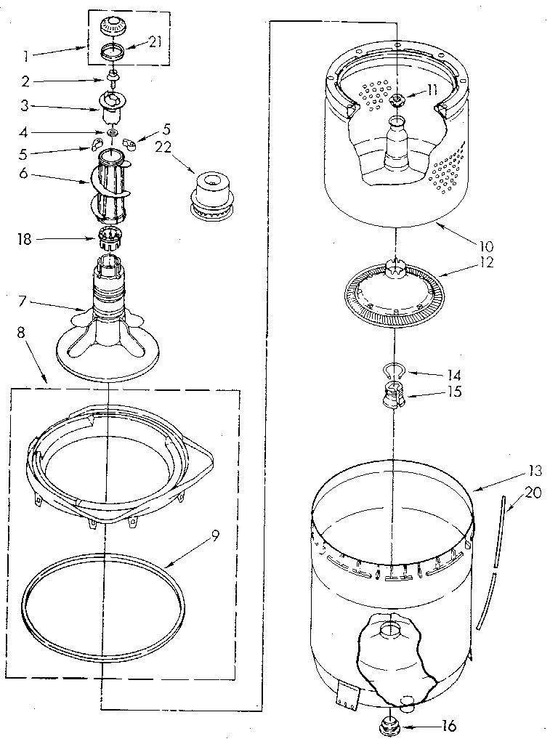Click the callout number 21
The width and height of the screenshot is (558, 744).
[154, 42]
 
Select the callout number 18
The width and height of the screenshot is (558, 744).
[25, 239]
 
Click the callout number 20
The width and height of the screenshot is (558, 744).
[532, 493]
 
